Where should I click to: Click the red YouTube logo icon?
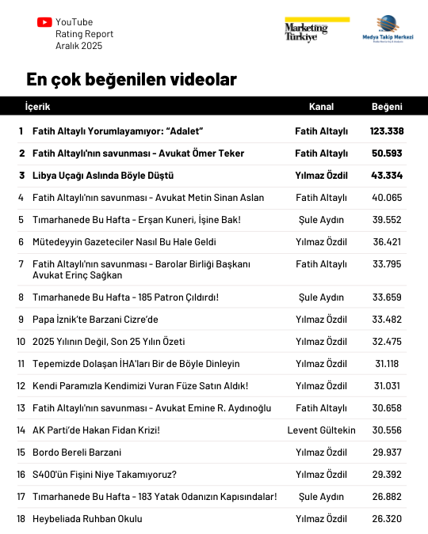pos(44,22)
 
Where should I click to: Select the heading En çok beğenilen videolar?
pos(131,80)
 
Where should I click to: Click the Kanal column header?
pos(321,107)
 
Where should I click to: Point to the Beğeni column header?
pos(387,107)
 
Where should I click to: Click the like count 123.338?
pos(387,131)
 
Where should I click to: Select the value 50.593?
pos(387,153)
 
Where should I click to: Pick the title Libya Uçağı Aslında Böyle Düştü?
pos(103,175)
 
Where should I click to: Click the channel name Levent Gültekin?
pos(321,430)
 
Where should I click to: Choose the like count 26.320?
pos(387,519)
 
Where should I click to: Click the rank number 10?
pos(21,342)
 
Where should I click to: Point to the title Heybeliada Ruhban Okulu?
pos(87,519)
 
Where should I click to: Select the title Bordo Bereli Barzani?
pos(77,453)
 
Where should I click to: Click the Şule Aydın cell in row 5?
pos(321,220)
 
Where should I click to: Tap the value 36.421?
pos(387,242)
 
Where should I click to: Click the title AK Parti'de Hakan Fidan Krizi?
pos(96,430)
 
